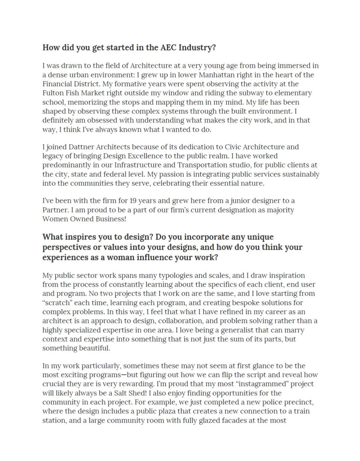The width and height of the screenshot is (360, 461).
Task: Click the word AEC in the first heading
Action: coord(168,48)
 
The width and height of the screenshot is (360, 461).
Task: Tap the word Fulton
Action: coord(52,93)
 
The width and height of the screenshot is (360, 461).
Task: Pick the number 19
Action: coord(133,201)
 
